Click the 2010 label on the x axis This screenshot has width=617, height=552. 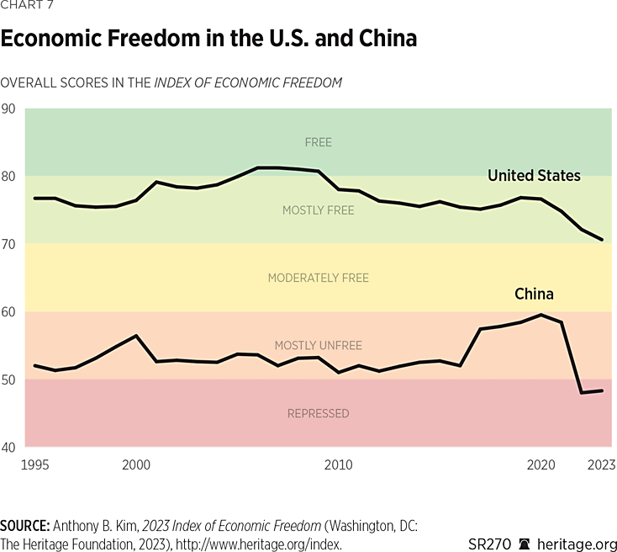click(339, 464)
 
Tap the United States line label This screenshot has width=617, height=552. click(534, 176)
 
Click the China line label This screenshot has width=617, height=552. click(534, 294)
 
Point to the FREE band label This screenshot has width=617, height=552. click(318, 142)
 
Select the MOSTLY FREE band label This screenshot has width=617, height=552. click(318, 210)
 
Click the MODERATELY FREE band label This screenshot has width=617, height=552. click(318, 278)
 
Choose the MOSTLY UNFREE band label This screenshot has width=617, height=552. click(318, 346)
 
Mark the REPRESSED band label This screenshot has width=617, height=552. click(318, 413)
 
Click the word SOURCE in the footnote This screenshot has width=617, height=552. click(25, 526)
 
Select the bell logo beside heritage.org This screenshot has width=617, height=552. click(525, 544)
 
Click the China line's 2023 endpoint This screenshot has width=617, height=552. click(602, 390)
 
